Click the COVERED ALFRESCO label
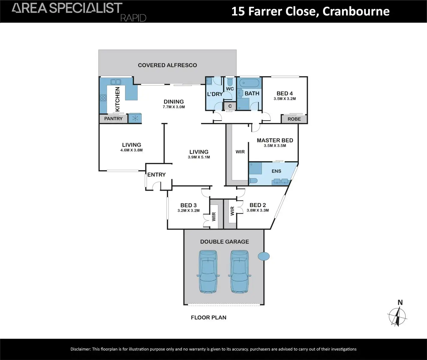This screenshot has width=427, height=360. (167, 65)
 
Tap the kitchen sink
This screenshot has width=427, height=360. (116, 82)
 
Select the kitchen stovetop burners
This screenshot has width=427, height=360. (103, 98)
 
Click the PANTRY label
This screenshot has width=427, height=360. (113, 119)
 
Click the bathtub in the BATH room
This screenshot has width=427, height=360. (249, 83)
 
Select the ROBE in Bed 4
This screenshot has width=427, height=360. (294, 119)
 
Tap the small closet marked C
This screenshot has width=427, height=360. (230, 106)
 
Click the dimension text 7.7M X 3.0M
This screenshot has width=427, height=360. (174, 107)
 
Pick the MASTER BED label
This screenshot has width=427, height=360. (275, 140)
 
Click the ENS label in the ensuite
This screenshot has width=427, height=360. (276, 171)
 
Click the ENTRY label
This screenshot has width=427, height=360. (156, 175)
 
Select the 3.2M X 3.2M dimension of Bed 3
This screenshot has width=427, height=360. (188, 211)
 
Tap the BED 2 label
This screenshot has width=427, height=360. (258, 205)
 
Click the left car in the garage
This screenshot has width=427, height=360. (208, 271)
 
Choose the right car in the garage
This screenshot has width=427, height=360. (239, 271)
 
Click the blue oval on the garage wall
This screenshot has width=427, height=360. (264, 256)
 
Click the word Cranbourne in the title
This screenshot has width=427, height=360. (356, 12)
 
